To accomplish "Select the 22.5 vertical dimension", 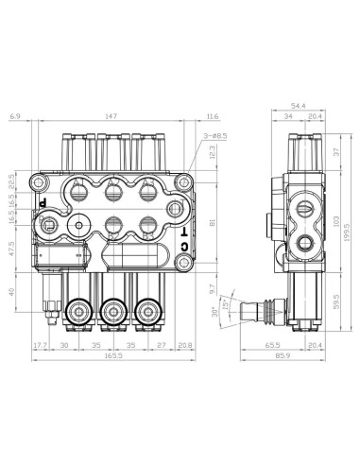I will (10, 182).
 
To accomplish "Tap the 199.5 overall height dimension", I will (347, 232).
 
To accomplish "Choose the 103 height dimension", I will (334, 218).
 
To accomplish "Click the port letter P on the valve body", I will (43, 201).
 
